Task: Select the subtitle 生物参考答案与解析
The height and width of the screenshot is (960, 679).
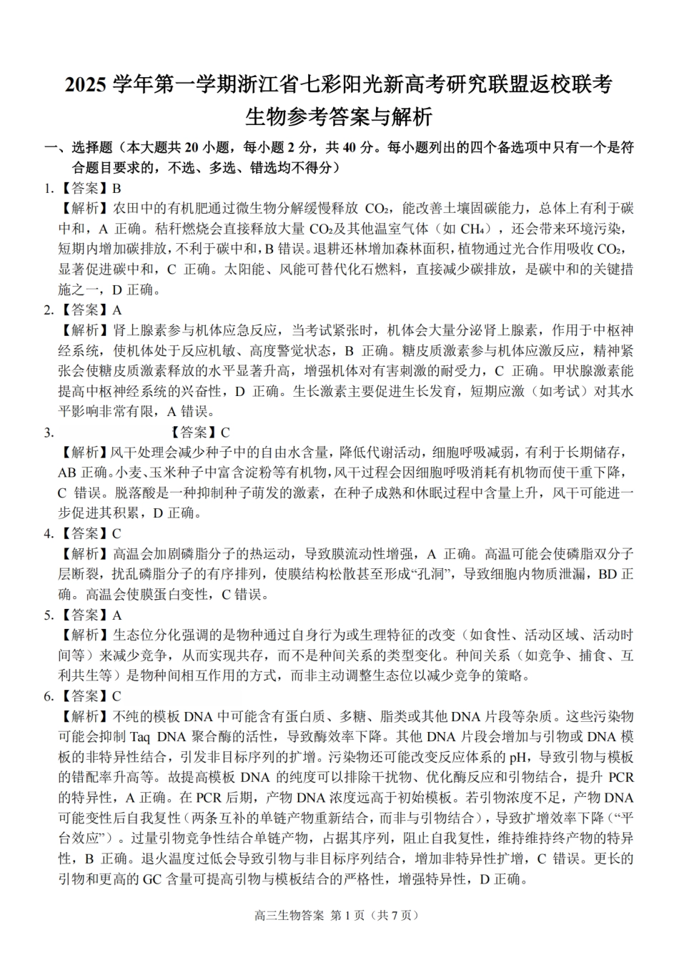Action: click(339, 116)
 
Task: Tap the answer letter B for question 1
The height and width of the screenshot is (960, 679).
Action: click(117, 189)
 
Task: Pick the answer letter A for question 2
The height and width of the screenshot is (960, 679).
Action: click(117, 310)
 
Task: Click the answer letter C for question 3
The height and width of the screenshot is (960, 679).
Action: click(225, 432)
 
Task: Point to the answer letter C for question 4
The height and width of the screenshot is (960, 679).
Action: click(117, 533)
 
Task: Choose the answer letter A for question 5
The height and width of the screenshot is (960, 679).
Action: click(117, 615)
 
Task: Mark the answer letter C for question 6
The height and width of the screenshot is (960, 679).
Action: click(117, 696)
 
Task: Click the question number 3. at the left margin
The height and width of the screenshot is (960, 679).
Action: click(49, 432)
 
